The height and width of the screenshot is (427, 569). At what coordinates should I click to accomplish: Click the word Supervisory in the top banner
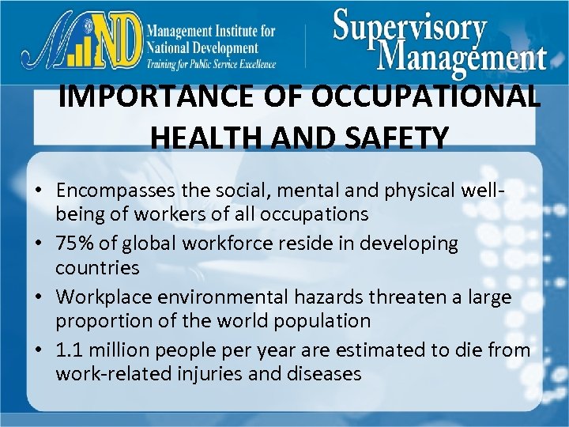[x=409, y=29]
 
